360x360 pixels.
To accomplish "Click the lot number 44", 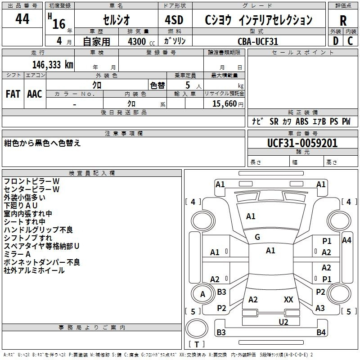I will point(22,19).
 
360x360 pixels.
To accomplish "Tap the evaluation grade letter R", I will point(343,20).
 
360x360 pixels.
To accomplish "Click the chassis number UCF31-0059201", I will point(302,144).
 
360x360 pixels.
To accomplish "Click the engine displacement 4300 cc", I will point(137,41).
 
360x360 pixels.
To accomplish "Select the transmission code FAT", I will point(13,94).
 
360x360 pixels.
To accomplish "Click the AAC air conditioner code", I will point(35,94).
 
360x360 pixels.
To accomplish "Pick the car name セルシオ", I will point(116,20).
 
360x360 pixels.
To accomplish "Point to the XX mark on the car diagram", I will point(288,299).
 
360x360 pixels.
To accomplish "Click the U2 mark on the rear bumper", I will point(283,321).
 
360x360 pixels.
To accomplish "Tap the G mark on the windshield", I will point(257,237).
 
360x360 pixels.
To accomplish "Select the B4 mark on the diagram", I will point(321,333).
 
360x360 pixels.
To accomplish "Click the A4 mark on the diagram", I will point(346,240).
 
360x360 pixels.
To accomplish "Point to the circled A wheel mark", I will point(202,294).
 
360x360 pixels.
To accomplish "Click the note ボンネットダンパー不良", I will point(42,262).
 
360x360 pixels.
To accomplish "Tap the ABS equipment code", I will point(302,121).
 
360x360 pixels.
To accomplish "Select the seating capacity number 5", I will point(187,85).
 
